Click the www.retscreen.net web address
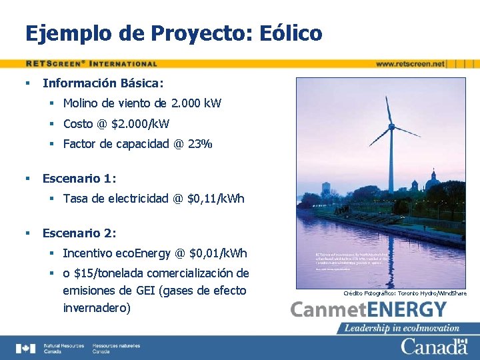pos(410,64)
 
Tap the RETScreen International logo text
pos(91,64)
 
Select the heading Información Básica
pos(103,83)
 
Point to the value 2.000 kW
pos(196,103)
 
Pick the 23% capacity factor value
pos(199,143)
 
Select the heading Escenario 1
pos(79,179)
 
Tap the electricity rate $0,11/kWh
pos(216,199)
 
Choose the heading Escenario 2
pos(79,233)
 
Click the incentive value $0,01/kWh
pos(218,253)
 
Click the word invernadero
pos(96,308)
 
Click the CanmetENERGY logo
pos(369,310)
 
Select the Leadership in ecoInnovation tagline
pos(402,328)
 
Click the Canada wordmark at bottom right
pos(433,347)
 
